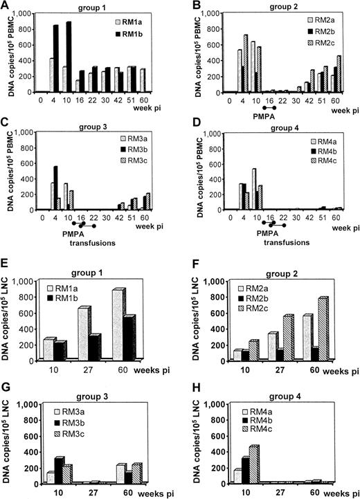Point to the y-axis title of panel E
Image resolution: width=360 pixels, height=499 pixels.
coord(9,326)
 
